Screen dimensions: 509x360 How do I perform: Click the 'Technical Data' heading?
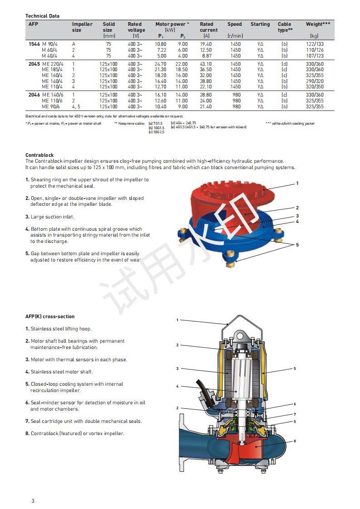click(x=42, y=16)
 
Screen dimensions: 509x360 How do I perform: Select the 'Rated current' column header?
click(x=206, y=27)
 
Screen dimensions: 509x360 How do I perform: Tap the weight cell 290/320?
click(x=315, y=81)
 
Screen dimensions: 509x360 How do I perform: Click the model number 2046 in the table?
click(x=34, y=95)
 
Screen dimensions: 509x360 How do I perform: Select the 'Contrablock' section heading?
click(x=39, y=155)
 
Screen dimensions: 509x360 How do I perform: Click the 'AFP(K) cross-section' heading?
click(x=50, y=316)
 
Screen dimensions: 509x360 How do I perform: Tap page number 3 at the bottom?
click(x=33, y=501)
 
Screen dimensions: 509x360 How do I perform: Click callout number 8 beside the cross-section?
click(x=294, y=441)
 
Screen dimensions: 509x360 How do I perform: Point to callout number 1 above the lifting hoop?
click(x=178, y=320)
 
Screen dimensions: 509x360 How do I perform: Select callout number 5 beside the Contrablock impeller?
click(x=297, y=245)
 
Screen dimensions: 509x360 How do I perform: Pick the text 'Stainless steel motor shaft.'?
click(x=62, y=372)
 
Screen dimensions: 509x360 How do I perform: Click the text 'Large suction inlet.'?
click(x=52, y=217)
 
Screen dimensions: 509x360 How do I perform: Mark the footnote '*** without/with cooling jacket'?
click(x=290, y=123)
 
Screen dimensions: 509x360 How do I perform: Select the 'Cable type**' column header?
click(x=285, y=27)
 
